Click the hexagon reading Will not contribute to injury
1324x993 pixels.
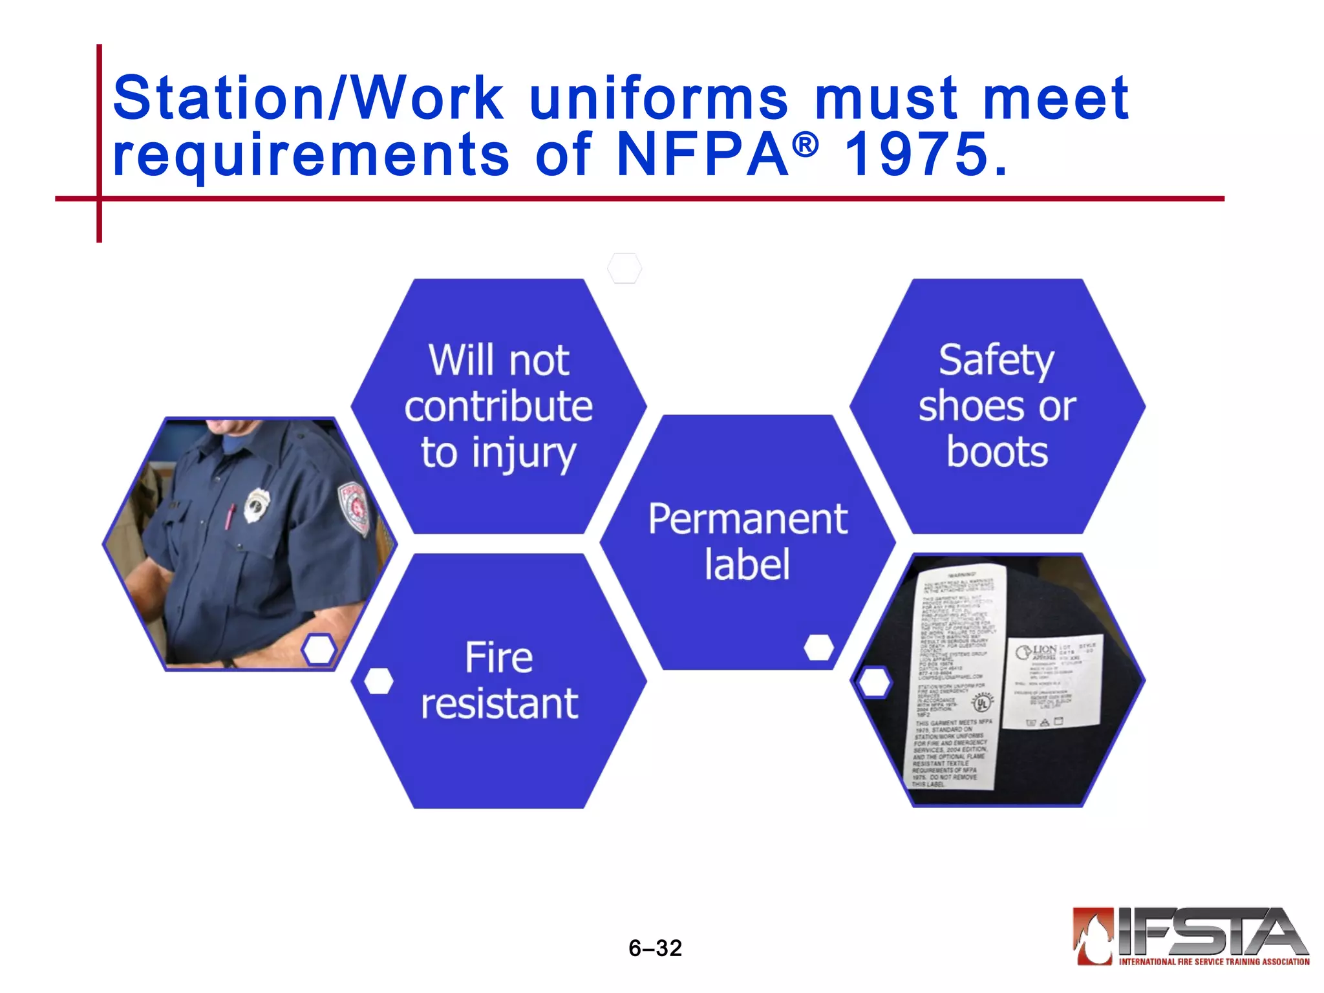point(498,406)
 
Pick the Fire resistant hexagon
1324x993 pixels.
point(498,680)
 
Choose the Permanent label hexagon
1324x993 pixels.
point(747,542)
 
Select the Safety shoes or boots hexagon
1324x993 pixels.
point(997,406)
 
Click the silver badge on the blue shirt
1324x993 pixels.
point(257,504)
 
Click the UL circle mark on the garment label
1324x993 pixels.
point(982,702)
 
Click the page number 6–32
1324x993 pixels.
point(655,948)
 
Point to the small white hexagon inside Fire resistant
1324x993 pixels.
point(379,681)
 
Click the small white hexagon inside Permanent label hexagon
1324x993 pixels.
point(819,647)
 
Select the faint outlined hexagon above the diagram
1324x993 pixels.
point(625,268)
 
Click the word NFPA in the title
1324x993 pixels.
point(702,155)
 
